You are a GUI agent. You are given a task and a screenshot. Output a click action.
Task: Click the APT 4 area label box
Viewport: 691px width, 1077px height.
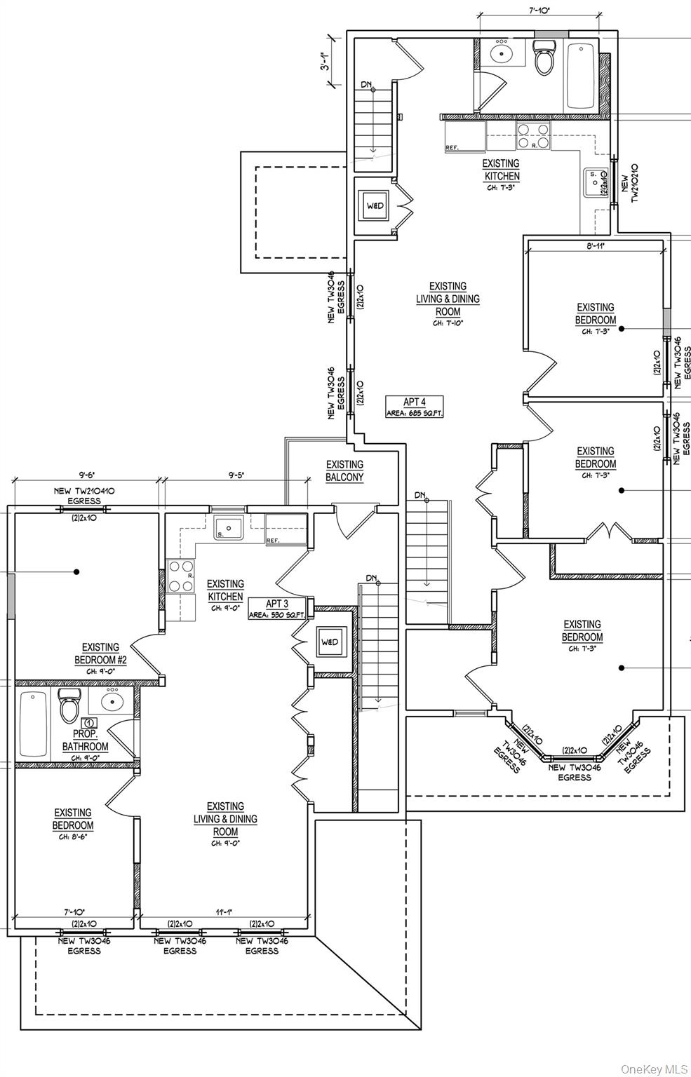(414, 407)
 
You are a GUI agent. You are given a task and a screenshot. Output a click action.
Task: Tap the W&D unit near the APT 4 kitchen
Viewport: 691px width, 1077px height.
(375, 205)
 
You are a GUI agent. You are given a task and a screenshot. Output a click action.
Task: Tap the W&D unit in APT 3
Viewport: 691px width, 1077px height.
(329, 642)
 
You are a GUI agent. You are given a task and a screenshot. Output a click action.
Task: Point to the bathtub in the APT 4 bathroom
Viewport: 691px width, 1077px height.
(581, 75)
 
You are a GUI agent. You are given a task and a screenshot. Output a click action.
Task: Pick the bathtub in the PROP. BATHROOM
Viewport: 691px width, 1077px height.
(32, 724)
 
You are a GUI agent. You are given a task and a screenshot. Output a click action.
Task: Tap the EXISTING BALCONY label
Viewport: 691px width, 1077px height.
(344, 470)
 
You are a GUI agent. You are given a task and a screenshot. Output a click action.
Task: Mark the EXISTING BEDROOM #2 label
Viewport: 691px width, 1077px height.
(100, 653)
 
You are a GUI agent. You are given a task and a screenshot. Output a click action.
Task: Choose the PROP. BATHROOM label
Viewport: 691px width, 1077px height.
(85, 740)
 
